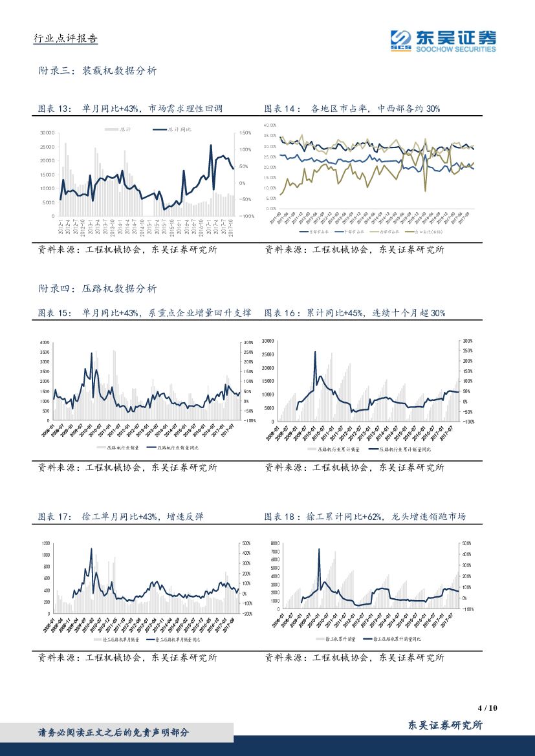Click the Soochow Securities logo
point(443,40)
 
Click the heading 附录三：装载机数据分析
point(97,71)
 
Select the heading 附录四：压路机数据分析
point(97,288)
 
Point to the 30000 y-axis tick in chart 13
point(47,133)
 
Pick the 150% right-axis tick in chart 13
point(245,133)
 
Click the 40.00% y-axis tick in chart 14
point(270,125)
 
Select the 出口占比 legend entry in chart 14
point(425,231)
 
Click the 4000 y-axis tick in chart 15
point(45,341)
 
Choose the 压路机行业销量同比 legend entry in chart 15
point(173,447)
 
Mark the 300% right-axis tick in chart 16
point(468,340)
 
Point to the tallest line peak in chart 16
point(315,352)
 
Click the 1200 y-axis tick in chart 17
point(45,543)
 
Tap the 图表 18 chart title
point(365,517)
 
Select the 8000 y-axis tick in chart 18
point(274,544)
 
